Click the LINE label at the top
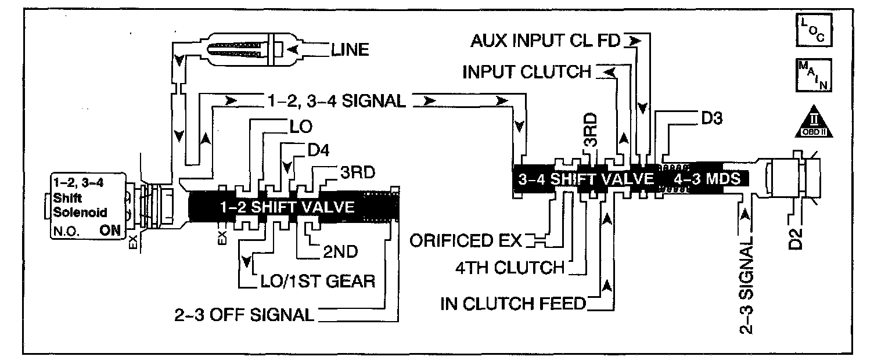(350, 50)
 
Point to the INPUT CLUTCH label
(526, 72)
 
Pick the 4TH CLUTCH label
(509, 267)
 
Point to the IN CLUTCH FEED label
(513, 304)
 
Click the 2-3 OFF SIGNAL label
(244, 315)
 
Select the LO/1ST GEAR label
(316, 281)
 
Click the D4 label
(318, 150)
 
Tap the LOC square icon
(812, 31)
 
